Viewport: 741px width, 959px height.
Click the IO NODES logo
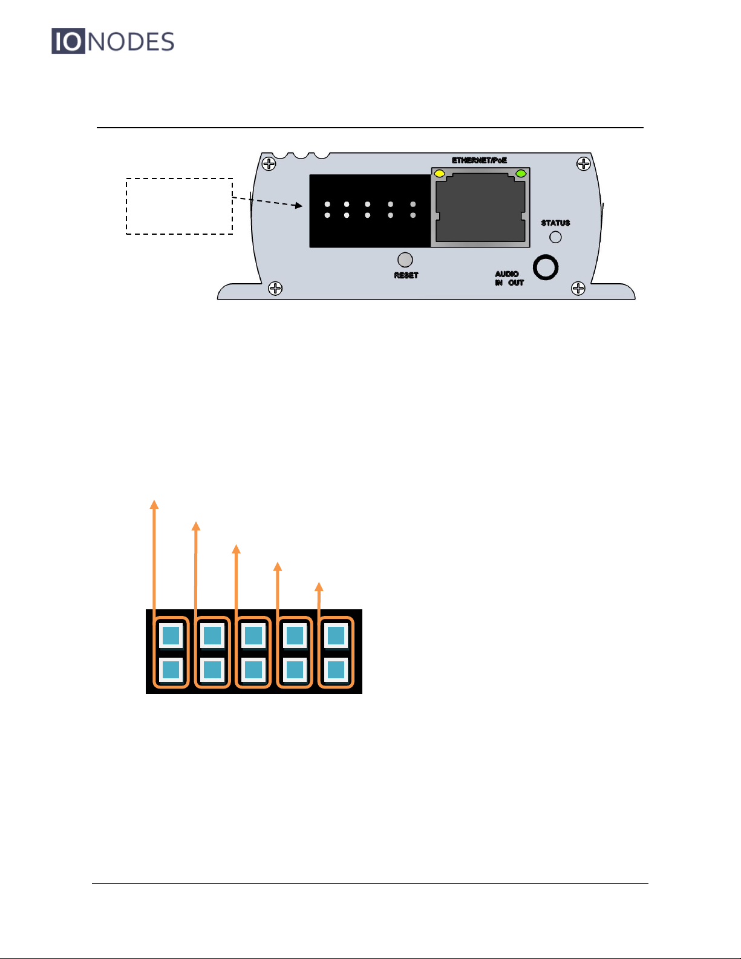(113, 41)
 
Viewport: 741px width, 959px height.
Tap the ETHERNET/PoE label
(479, 160)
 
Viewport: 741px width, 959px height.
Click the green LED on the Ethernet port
(520, 174)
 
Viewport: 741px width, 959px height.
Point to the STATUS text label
(555, 223)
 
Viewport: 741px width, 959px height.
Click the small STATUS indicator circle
(555, 237)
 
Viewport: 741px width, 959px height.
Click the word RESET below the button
(406, 275)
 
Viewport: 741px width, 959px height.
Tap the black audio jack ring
(546, 267)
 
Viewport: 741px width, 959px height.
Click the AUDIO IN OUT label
(509, 278)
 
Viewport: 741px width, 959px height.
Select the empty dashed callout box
(179, 206)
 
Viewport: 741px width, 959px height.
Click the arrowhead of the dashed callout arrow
(299, 206)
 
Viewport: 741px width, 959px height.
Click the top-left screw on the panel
(269, 163)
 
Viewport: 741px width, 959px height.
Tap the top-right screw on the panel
(583, 163)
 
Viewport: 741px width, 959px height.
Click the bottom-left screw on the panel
(275, 288)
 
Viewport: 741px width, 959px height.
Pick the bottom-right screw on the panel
(578, 288)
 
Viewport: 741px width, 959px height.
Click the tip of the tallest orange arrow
(154, 503)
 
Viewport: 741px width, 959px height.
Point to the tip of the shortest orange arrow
(319, 586)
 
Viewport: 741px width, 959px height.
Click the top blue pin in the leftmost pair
(171, 636)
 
